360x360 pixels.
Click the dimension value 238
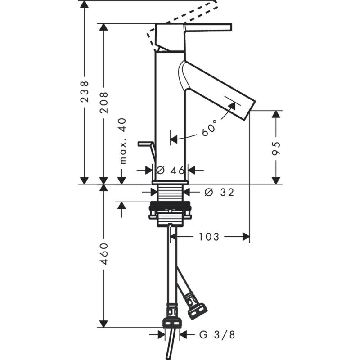pyautogui.click(x=84, y=92)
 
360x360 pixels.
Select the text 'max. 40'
pyautogui.click(x=122, y=141)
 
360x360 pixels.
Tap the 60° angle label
pyautogui.click(x=209, y=128)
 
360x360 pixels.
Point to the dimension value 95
pyautogui.click(x=277, y=147)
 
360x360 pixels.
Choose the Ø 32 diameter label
pyautogui.click(x=219, y=192)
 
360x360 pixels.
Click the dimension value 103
pyautogui.click(x=209, y=236)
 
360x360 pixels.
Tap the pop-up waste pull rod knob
pyautogui.click(x=145, y=144)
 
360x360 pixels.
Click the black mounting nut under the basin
pyautogui.click(x=170, y=210)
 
